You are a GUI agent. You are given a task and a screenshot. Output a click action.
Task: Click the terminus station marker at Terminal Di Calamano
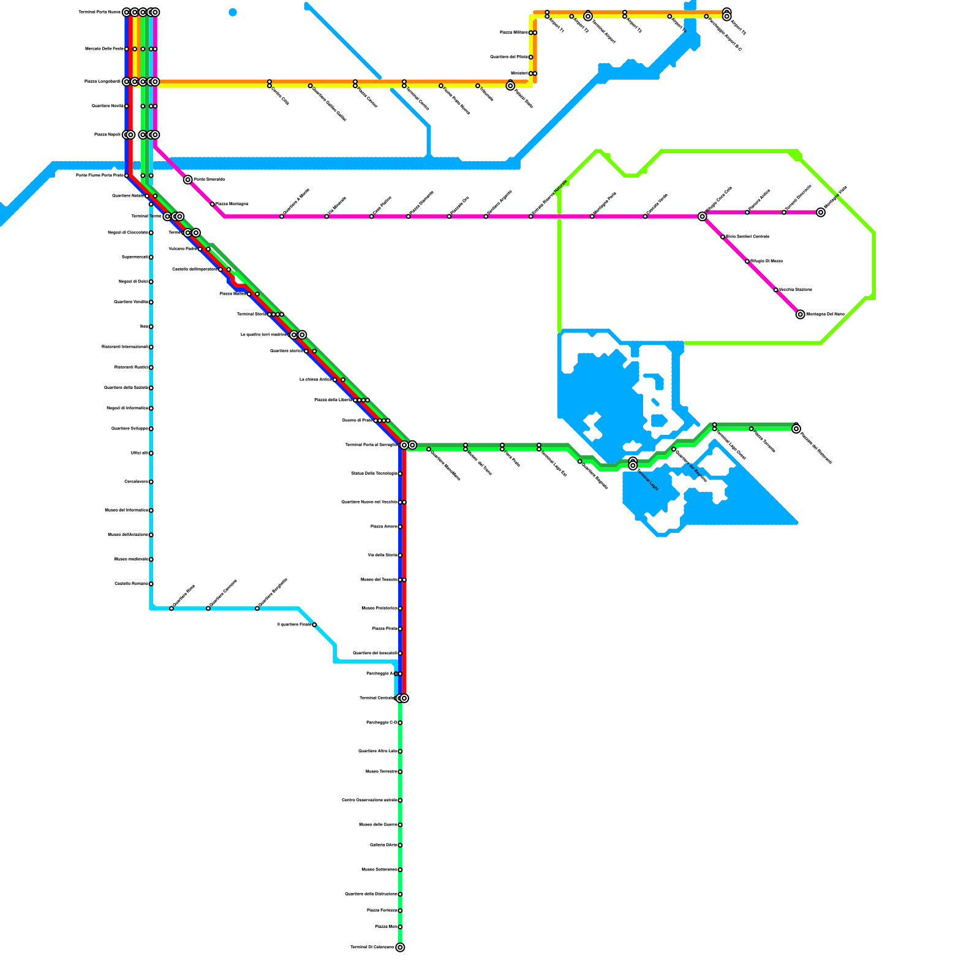pyautogui.click(x=400, y=948)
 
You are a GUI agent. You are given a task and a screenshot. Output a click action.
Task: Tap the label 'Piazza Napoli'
pyautogui.click(x=107, y=135)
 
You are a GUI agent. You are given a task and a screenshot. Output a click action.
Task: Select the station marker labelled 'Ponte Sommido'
pyautogui.click(x=188, y=179)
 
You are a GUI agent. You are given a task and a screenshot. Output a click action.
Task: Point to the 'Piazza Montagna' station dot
pyautogui.click(x=213, y=204)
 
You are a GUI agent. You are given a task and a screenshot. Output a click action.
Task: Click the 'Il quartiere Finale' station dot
pyautogui.click(x=314, y=625)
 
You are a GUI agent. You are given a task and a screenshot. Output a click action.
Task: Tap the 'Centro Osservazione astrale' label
pyautogui.click(x=369, y=801)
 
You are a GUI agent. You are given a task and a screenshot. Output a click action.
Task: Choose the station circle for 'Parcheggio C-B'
pyautogui.click(x=400, y=723)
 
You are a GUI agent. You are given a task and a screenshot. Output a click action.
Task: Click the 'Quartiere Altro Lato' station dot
pyautogui.click(x=400, y=752)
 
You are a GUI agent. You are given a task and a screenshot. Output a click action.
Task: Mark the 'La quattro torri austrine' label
pyautogui.click(x=264, y=335)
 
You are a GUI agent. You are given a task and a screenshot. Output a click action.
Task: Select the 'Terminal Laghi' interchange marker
pyautogui.click(x=633, y=464)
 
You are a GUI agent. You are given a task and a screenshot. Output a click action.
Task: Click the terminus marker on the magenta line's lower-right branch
pyautogui.click(x=801, y=314)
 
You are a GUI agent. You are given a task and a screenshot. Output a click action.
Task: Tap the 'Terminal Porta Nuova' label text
pyautogui.click(x=100, y=12)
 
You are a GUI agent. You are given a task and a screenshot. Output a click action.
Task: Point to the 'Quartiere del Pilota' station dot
pyautogui.click(x=531, y=57)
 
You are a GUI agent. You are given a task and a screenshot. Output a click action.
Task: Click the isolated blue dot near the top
pyautogui.click(x=233, y=12)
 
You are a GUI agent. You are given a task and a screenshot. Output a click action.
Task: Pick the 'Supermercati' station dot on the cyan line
pyautogui.click(x=151, y=257)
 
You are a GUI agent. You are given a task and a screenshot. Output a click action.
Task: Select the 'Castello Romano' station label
pyautogui.click(x=132, y=584)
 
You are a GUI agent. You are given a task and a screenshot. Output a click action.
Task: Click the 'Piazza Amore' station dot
pyautogui.click(x=400, y=527)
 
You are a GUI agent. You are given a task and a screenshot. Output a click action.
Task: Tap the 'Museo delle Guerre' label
pyautogui.click(x=378, y=825)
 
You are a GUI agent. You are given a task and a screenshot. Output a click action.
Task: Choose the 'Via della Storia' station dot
pyautogui.click(x=400, y=556)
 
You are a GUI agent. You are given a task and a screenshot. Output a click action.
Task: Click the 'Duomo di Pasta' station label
pyautogui.click(x=357, y=421)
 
